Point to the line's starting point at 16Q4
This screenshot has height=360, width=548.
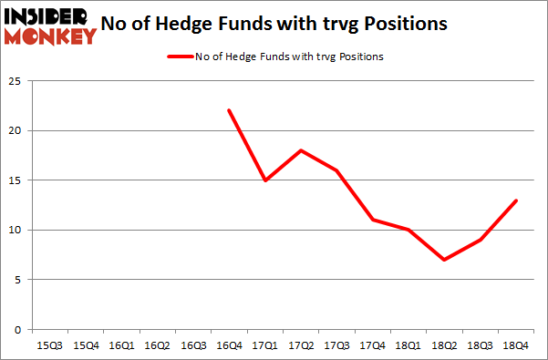click(x=229, y=110)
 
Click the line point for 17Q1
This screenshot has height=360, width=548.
click(x=264, y=180)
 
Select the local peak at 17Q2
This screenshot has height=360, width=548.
click(x=300, y=150)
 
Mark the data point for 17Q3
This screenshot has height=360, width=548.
click(x=336, y=170)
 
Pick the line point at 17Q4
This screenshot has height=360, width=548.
click(x=371, y=220)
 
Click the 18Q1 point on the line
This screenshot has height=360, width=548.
click(x=407, y=230)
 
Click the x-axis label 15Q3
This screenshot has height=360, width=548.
click(x=50, y=345)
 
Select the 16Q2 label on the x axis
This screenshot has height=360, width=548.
click(x=157, y=345)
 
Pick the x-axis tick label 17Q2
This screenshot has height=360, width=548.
click(x=300, y=345)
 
